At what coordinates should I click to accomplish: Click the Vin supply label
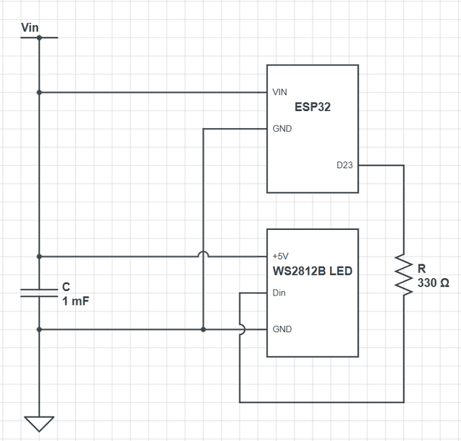(x=30, y=27)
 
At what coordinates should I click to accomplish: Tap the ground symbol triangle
(x=40, y=423)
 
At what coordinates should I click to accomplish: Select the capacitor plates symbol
(x=40, y=292)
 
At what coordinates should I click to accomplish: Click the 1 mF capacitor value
(x=76, y=300)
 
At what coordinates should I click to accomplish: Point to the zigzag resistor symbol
(x=403, y=272)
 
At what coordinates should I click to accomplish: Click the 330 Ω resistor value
(x=434, y=283)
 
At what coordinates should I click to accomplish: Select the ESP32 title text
(x=312, y=107)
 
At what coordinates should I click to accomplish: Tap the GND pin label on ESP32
(x=282, y=129)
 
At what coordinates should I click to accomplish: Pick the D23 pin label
(x=345, y=166)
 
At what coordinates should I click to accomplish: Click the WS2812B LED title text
(x=311, y=272)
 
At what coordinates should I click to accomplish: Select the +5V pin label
(x=281, y=257)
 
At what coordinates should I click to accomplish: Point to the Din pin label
(x=279, y=293)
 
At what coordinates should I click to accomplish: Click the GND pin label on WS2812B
(x=282, y=329)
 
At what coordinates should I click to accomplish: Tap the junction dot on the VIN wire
(x=40, y=92)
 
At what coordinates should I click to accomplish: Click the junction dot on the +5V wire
(x=40, y=256)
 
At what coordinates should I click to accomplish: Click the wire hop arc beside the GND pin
(x=241, y=329)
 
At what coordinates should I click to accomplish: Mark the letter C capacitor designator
(x=66, y=287)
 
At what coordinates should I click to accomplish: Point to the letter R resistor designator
(x=421, y=269)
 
